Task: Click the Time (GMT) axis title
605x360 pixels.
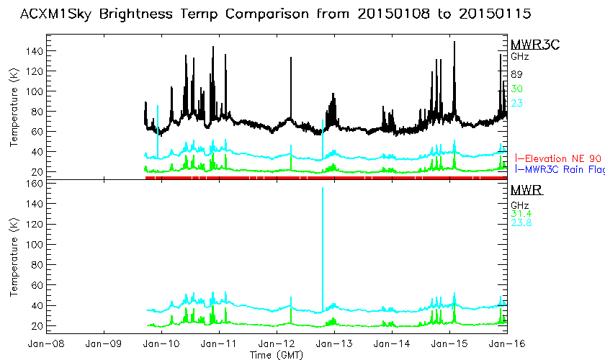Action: (277, 355)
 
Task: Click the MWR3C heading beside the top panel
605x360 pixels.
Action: (530, 45)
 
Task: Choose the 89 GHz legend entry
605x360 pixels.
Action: (516, 74)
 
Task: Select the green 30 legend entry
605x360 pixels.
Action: (516, 89)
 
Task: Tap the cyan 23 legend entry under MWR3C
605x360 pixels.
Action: (516, 103)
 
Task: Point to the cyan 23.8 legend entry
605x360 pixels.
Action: (521, 223)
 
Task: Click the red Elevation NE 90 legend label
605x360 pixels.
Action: (557, 158)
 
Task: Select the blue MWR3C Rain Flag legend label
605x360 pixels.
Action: (560, 170)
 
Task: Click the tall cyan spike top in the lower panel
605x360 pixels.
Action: (322, 188)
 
